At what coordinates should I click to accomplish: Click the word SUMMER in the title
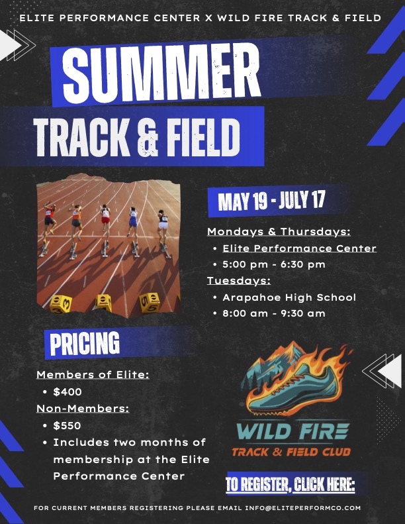point(161,74)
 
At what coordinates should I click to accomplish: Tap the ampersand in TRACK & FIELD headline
point(148,137)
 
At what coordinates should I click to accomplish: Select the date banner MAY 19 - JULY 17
point(271,201)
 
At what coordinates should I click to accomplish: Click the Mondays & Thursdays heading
point(279,232)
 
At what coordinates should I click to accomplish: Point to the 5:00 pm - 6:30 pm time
point(274,264)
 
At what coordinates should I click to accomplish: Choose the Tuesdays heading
point(239,281)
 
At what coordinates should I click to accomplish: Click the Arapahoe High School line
point(289,297)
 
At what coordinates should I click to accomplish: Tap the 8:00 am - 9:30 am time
point(274,313)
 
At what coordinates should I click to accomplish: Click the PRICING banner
point(85,343)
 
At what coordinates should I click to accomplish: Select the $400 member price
point(67,392)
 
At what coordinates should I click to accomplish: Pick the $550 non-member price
point(67,425)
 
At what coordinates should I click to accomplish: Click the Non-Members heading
point(83,408)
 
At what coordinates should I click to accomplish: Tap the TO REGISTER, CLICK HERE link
point(290,484)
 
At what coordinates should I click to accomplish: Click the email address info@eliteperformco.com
point(303,508)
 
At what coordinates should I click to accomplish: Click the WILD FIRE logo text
point(292,431)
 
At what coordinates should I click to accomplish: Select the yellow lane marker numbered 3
point(61,304)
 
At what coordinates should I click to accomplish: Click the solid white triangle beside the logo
point(391,370)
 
